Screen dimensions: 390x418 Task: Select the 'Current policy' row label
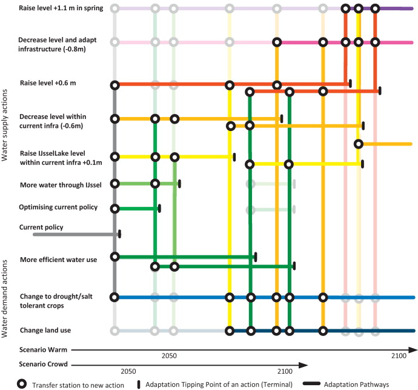[x=41, y=227]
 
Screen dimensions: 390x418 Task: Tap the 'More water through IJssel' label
[x=59, y=183]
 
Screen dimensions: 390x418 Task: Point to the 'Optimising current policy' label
[x=58, y=207]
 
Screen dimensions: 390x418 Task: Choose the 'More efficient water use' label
[x=58, y=260]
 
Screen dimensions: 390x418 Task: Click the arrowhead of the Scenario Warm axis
[x=414, y=350]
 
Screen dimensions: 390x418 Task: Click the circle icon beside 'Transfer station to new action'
[x=22, y=384]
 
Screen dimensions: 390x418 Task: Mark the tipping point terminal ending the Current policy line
[x=120, y=234]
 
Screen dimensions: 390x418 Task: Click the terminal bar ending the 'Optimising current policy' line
[x=159, y=209]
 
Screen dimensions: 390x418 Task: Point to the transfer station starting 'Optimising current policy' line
[x=114, y=209]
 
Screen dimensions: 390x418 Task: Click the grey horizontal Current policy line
[x=73, y=234]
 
